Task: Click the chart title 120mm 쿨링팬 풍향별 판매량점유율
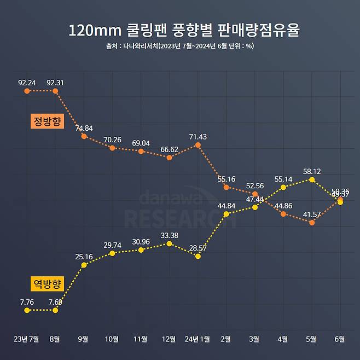[x=184, y=30]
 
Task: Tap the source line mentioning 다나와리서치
[x=179, y=46]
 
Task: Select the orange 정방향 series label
[x=48, y=121]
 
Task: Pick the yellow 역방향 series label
[x=48, y=283]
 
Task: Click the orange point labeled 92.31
[x=55, y=91]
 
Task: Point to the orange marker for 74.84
[x=84, y=136]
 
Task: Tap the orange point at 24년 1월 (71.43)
[x=198, y=144]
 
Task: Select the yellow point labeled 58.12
[x=312, y=179]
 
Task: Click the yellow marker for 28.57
[x=198, y=256]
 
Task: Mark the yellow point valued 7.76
[x=27, y=310]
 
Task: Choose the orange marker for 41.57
[x=312, y=223]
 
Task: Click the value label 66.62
[x=169, y=149]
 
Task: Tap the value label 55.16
[x=226, y=179]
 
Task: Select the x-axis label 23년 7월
[x=26, y=339]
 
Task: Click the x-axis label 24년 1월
[x=198, y=339]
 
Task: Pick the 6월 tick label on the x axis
[x=340, y=339]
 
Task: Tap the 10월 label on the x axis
[x=112, y=339]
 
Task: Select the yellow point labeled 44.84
[x=226, y=213]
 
